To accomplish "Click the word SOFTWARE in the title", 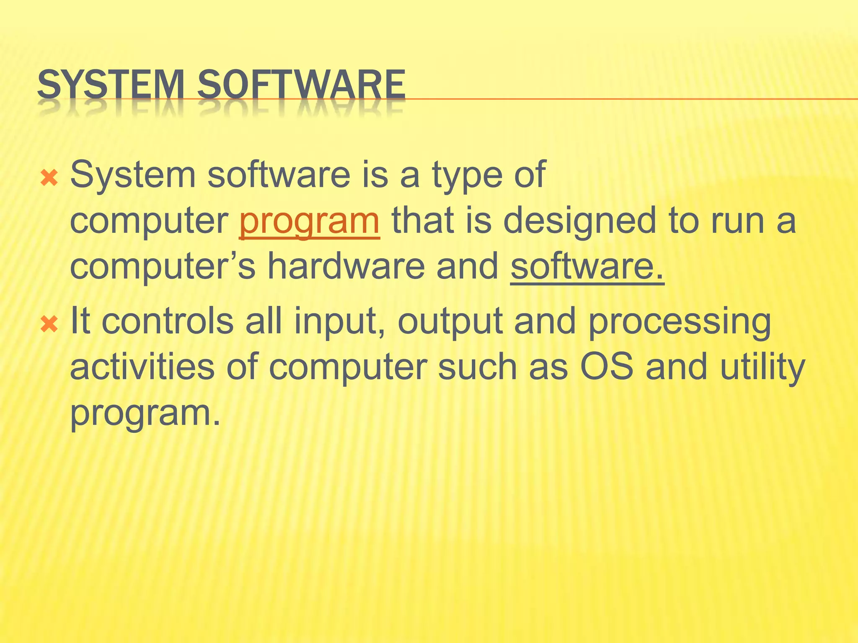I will (x=301, y=85).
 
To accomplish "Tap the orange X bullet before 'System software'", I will (x=49, y=179).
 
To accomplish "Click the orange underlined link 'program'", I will (x=309, y=222).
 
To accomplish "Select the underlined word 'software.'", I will (x=587, y=267).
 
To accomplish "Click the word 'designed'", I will (x=579, y=222).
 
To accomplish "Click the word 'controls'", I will (x=167, y=321).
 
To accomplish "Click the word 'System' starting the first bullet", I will (x=133, y=176).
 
